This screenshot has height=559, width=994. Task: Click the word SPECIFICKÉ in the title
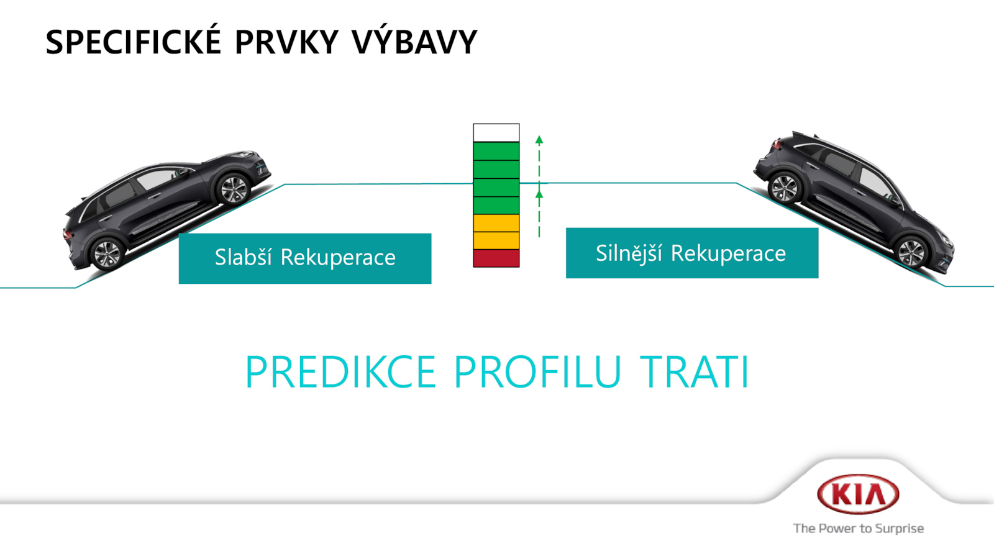point(134,42)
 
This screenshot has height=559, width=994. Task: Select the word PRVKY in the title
point(286,42)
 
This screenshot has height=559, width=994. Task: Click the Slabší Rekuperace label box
point(305,258)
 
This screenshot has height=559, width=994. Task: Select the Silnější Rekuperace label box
point(692,253)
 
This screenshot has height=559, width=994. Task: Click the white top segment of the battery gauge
point(496,133)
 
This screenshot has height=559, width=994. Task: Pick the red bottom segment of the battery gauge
point(496,258)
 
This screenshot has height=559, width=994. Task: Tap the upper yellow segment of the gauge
point(496,223)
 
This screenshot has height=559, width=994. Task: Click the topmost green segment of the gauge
point(496,151)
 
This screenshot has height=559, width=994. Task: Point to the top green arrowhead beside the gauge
point(539,140)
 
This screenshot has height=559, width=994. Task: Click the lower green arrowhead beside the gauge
point(539,194)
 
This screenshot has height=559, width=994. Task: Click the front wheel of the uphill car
point(233,189)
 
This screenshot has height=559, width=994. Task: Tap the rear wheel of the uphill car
point(106,254)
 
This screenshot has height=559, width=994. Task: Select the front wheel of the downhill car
point(911,252)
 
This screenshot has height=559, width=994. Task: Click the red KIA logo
point(858,494)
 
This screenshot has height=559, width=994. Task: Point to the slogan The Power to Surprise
point(858,529)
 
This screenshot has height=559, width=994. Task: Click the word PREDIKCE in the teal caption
point(340,372)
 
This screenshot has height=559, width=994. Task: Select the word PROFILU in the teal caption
point(537,372)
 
